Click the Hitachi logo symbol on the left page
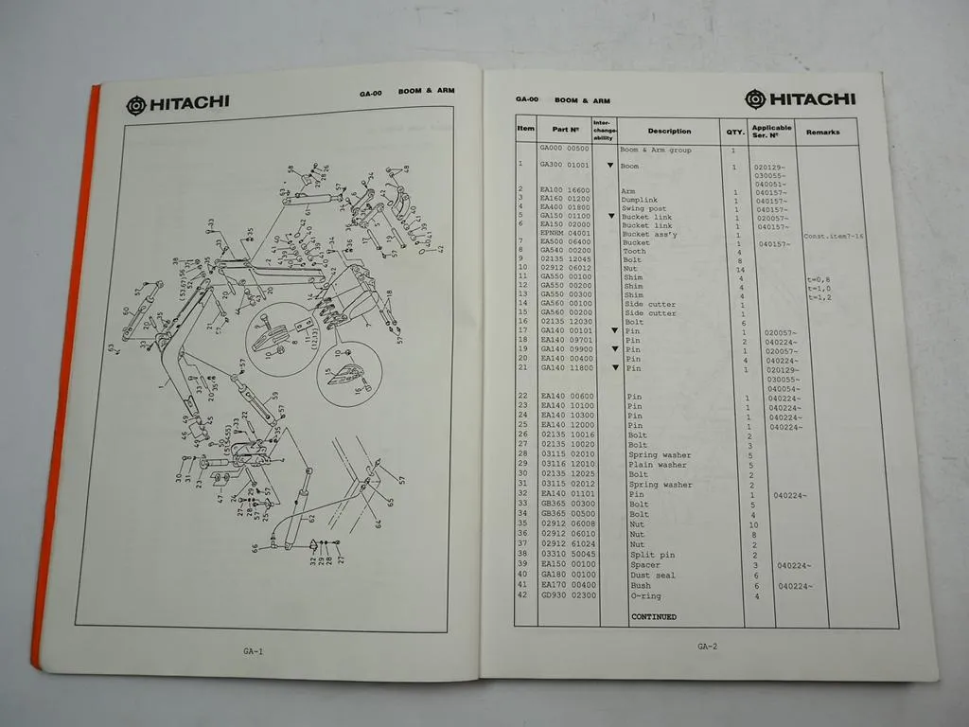point(136,104)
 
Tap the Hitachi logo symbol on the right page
point(755,99)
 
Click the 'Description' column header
point(669,132)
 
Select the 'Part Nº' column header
point(565,131)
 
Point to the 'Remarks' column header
point(822,133)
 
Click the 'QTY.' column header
point(734,133)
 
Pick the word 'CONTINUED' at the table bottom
point(654,617)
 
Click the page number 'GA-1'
point(253,651)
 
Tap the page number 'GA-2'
point(707,647)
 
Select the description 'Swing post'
point(644,208)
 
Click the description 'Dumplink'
point(640,200)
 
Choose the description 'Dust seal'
point(652,576)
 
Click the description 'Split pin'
point(651,556)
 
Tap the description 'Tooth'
point(634,252)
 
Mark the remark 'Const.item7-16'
point(833,236)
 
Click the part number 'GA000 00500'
point(564,150)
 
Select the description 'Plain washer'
point(658,465)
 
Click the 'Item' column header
point(526,129)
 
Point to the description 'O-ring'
point(645,596)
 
